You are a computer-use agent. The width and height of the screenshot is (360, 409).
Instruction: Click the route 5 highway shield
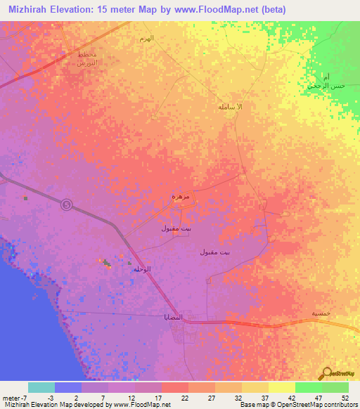pyautogui.click(x=66, y=204)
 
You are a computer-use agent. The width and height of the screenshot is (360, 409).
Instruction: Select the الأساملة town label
pyautogui.click(x=230, y=106)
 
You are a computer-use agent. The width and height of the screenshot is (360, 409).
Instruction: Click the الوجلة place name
pyautogui.click(x=142, y=269)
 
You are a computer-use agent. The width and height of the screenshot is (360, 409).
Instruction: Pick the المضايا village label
pyautogui.click(x=174, y=317)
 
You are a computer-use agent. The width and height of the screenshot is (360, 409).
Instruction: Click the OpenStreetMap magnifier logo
pyautogui.click(x=328, y=373)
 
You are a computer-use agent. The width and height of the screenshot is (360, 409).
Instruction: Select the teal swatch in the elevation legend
pyautogui.click(x=41, y=387)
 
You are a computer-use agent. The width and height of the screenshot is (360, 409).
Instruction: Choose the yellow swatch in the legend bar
pyautogui.click(x=281, y=387)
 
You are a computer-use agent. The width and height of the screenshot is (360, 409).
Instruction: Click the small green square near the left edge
pyautogui.click(x=26, y=198)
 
